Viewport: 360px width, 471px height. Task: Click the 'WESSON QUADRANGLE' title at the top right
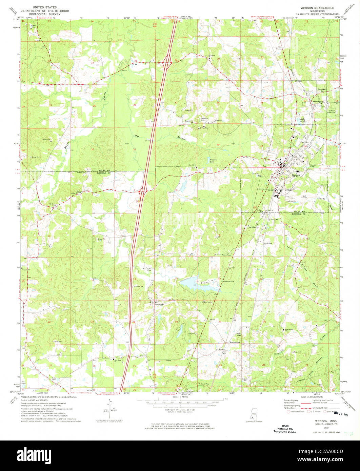(x=320, y=8)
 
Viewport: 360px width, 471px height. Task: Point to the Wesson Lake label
(x=213, y=160)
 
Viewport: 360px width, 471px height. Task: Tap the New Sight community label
(x=159, y=305)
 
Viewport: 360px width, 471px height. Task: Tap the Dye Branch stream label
(x=137, y=136)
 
